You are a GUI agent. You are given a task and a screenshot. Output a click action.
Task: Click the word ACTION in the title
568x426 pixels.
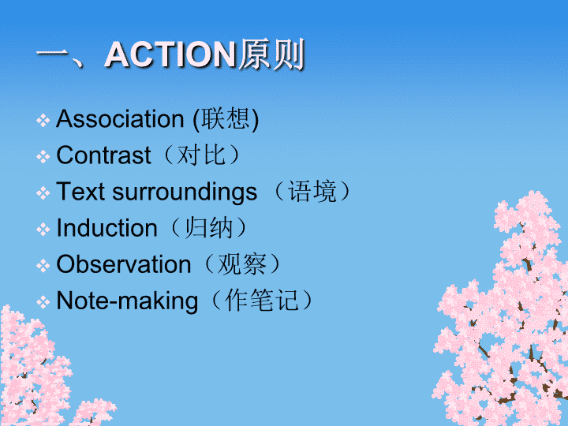[170, 54]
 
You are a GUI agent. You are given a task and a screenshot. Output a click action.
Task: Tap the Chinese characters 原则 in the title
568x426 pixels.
[271, 54]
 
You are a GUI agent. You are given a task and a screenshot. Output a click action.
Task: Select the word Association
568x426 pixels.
[120, 119]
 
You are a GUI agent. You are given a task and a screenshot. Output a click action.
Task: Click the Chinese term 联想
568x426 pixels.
[226, 119]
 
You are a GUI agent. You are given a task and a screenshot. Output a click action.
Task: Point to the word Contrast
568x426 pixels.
[103, 155]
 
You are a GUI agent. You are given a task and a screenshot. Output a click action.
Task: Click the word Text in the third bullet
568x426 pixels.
[80, 191]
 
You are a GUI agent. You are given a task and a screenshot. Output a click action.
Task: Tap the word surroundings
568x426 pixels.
[185, 192]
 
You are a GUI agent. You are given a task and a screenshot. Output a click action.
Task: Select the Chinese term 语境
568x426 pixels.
[312, 191]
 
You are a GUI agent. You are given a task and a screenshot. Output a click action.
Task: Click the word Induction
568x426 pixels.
[106, 228]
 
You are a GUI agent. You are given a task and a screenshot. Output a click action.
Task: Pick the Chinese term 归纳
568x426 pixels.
[208, 228]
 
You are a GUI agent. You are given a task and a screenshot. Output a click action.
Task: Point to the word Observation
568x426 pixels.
[124, 264]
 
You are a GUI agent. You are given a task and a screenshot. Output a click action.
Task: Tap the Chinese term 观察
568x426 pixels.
[242, 264]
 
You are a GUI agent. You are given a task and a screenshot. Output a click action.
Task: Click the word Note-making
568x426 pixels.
[127, 301]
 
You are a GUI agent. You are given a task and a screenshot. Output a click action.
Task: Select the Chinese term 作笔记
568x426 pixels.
[262, 301]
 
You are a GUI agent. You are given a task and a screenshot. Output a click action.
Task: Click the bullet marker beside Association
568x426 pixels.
[43, 120]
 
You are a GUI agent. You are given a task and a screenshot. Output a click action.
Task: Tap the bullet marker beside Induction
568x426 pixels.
[43, 230]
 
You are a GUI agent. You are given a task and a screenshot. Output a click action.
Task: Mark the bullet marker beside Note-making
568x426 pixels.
[43, 301]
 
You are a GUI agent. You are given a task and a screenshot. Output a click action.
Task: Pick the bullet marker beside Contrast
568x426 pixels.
[43, 156]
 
